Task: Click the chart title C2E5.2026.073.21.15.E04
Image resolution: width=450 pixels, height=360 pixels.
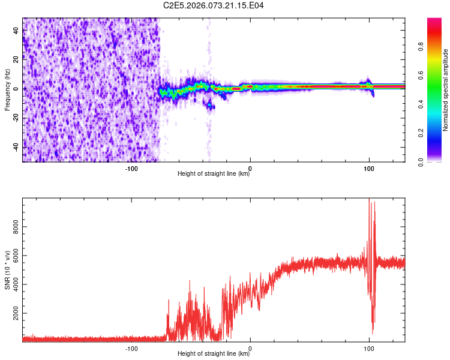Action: tap(214, 5)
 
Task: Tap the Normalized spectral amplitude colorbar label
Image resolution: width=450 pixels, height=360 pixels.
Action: tap(446, 90)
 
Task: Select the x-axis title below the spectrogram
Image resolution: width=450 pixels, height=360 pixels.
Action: tap(214, 175)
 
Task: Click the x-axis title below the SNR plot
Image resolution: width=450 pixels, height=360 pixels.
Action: tap(214, 354)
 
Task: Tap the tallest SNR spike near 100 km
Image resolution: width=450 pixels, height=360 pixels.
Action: tap(369, 200)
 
